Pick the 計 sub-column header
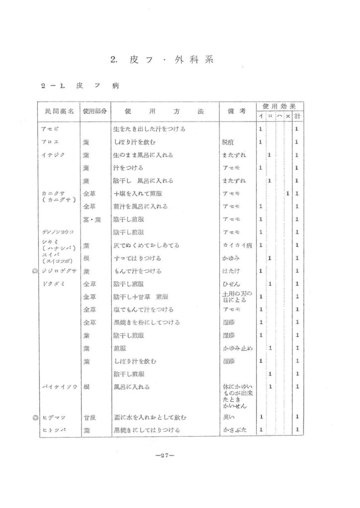[297, 117]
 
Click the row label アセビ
[50, 129]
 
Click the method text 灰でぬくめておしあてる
[146, 245]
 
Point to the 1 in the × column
[288, 193]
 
